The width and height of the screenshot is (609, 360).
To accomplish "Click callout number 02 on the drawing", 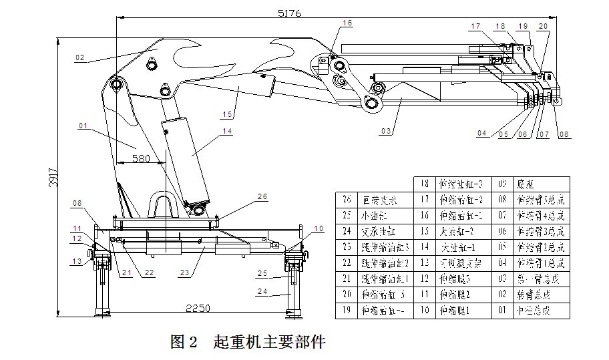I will click(80, 58).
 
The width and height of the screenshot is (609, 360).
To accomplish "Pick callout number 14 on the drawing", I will click(227, 132).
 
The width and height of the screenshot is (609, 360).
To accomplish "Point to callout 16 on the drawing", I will click(347, 23).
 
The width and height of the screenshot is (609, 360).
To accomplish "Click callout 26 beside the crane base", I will click(262, 196).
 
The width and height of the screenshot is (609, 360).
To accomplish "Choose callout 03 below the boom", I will click(385, 132).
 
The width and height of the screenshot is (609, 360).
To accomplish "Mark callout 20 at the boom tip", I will click(543, 26).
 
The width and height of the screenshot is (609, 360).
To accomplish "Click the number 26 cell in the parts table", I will click(347, 199).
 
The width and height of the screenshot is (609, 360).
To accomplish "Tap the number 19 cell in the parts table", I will click(347, 311).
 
